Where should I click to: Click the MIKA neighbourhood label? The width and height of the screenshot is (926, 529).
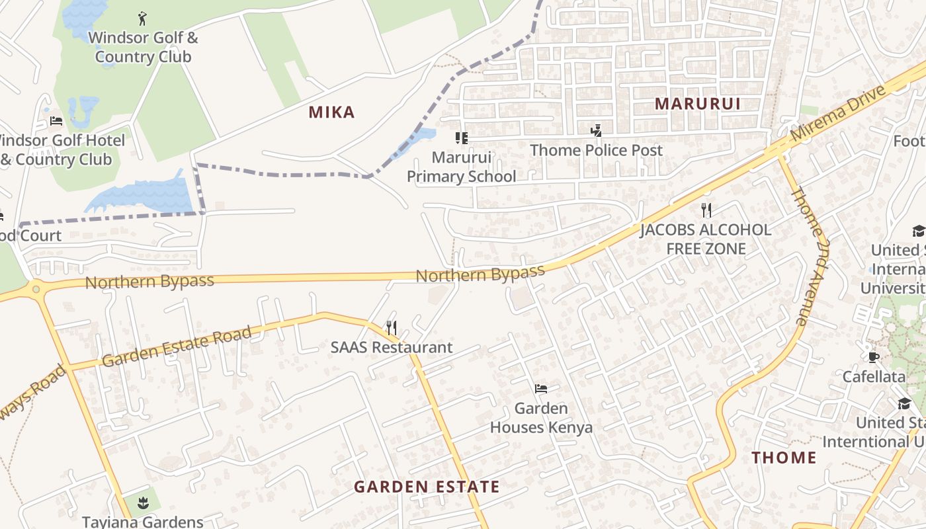pos(331,112)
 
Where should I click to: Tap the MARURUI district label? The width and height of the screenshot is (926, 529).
pos(697,104)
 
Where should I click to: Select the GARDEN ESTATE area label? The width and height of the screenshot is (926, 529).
pos(427,487)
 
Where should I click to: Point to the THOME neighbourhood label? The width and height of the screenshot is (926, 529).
pos(784,458)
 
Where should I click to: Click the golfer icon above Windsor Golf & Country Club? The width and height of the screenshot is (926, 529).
pos(142,19)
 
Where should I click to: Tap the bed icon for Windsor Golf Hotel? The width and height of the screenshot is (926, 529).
pos(56,121)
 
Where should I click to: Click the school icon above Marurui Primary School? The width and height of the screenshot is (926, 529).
pos(461,138)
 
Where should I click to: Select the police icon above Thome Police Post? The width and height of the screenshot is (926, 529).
pos(596,130)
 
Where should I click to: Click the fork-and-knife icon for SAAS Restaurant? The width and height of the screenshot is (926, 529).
pos(392,327)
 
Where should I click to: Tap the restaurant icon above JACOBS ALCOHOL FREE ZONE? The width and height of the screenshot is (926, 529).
pos(706,210)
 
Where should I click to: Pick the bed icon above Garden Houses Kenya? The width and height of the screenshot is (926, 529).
pos(541,389)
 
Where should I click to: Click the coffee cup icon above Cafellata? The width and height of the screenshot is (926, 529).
pos(874,357)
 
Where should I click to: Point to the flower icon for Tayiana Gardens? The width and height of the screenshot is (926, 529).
pos(143,503)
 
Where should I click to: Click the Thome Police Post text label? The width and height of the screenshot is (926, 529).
pos(596,150)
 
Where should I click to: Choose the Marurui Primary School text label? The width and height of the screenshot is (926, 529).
pos(461,167)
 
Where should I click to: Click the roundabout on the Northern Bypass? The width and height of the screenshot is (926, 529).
pos(36,289)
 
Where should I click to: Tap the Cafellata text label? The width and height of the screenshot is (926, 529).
pos(874,377)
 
